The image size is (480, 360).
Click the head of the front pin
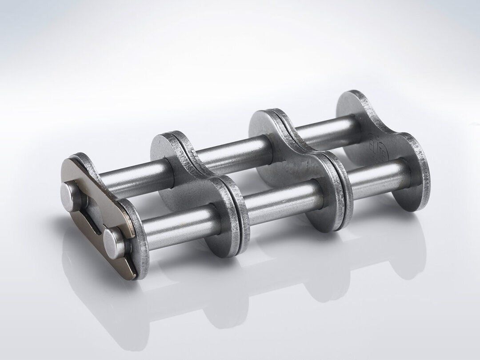coord(112,240)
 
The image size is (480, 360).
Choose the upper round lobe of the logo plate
coord(356,107)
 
